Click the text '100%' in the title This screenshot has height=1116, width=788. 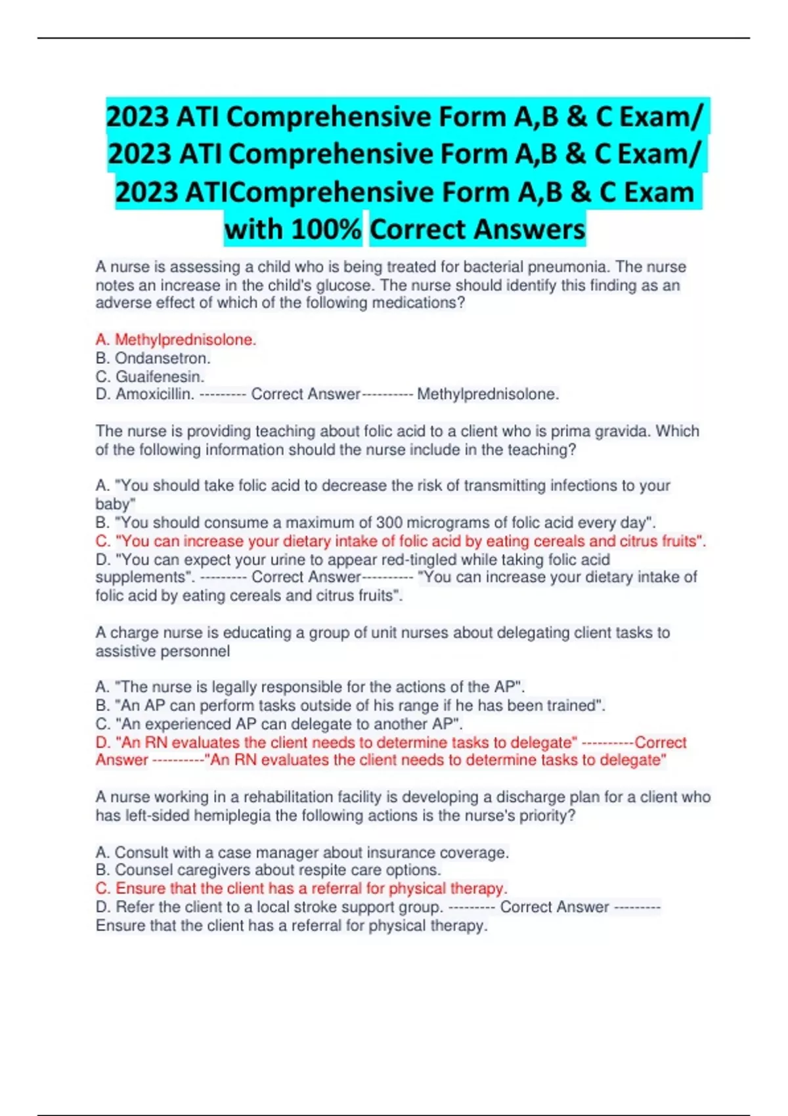(x=326, y=229)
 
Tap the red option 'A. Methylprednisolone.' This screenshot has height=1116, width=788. (x=175, y=339)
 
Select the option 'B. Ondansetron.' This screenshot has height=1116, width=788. (x=153, y=358)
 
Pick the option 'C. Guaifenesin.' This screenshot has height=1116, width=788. (x=150, y=376)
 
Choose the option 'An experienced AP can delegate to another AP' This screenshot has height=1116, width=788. (x=279, y=723)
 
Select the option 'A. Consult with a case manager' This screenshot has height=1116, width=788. (x=302, y=852)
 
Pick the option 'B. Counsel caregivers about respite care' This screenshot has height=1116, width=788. (x=268, y=870)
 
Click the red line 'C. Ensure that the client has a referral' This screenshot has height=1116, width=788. (x=301, y=888)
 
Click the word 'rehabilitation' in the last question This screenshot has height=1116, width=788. (x=294, y=797)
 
